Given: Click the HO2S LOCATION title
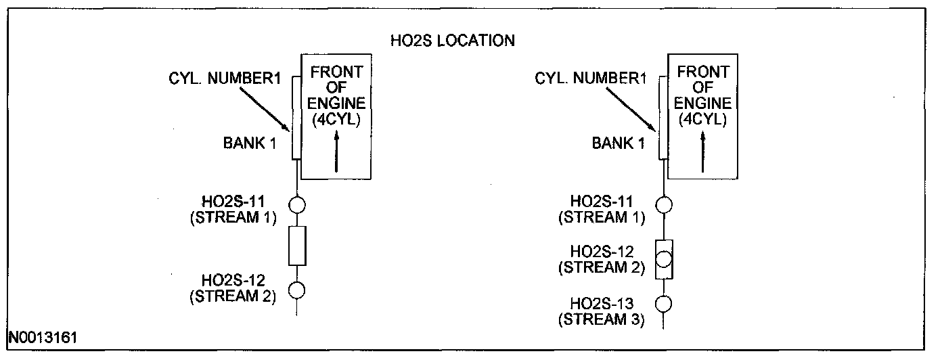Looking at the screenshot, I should click(x=453, y=41).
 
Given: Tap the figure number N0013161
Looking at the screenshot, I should click(x=42, y=336).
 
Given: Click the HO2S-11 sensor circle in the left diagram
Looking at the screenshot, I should click(x=297, y=204).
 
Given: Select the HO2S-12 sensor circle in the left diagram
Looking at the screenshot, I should click(x=297, y=290).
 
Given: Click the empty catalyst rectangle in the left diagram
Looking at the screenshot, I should click(x=297, y=246).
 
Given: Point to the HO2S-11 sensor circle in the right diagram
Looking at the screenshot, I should click(x=664, y=204).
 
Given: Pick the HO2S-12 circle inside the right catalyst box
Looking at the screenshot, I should click(x=664, y=259).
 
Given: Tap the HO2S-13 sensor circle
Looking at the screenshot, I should click(x=664, y=303).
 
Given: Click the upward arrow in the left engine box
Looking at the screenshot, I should click(x=336, y=152).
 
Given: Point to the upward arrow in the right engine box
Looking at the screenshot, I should click(x=703, y=152).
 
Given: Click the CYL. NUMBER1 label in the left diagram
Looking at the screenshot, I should click(x=224, y=79).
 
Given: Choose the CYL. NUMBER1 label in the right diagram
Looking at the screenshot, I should click(x=591, y=79).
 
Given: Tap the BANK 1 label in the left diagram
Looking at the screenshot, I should click(x=250, y=143).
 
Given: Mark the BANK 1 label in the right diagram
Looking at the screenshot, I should click(x=616, y=143).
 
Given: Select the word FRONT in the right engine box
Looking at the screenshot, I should click(x=703, y=72).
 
